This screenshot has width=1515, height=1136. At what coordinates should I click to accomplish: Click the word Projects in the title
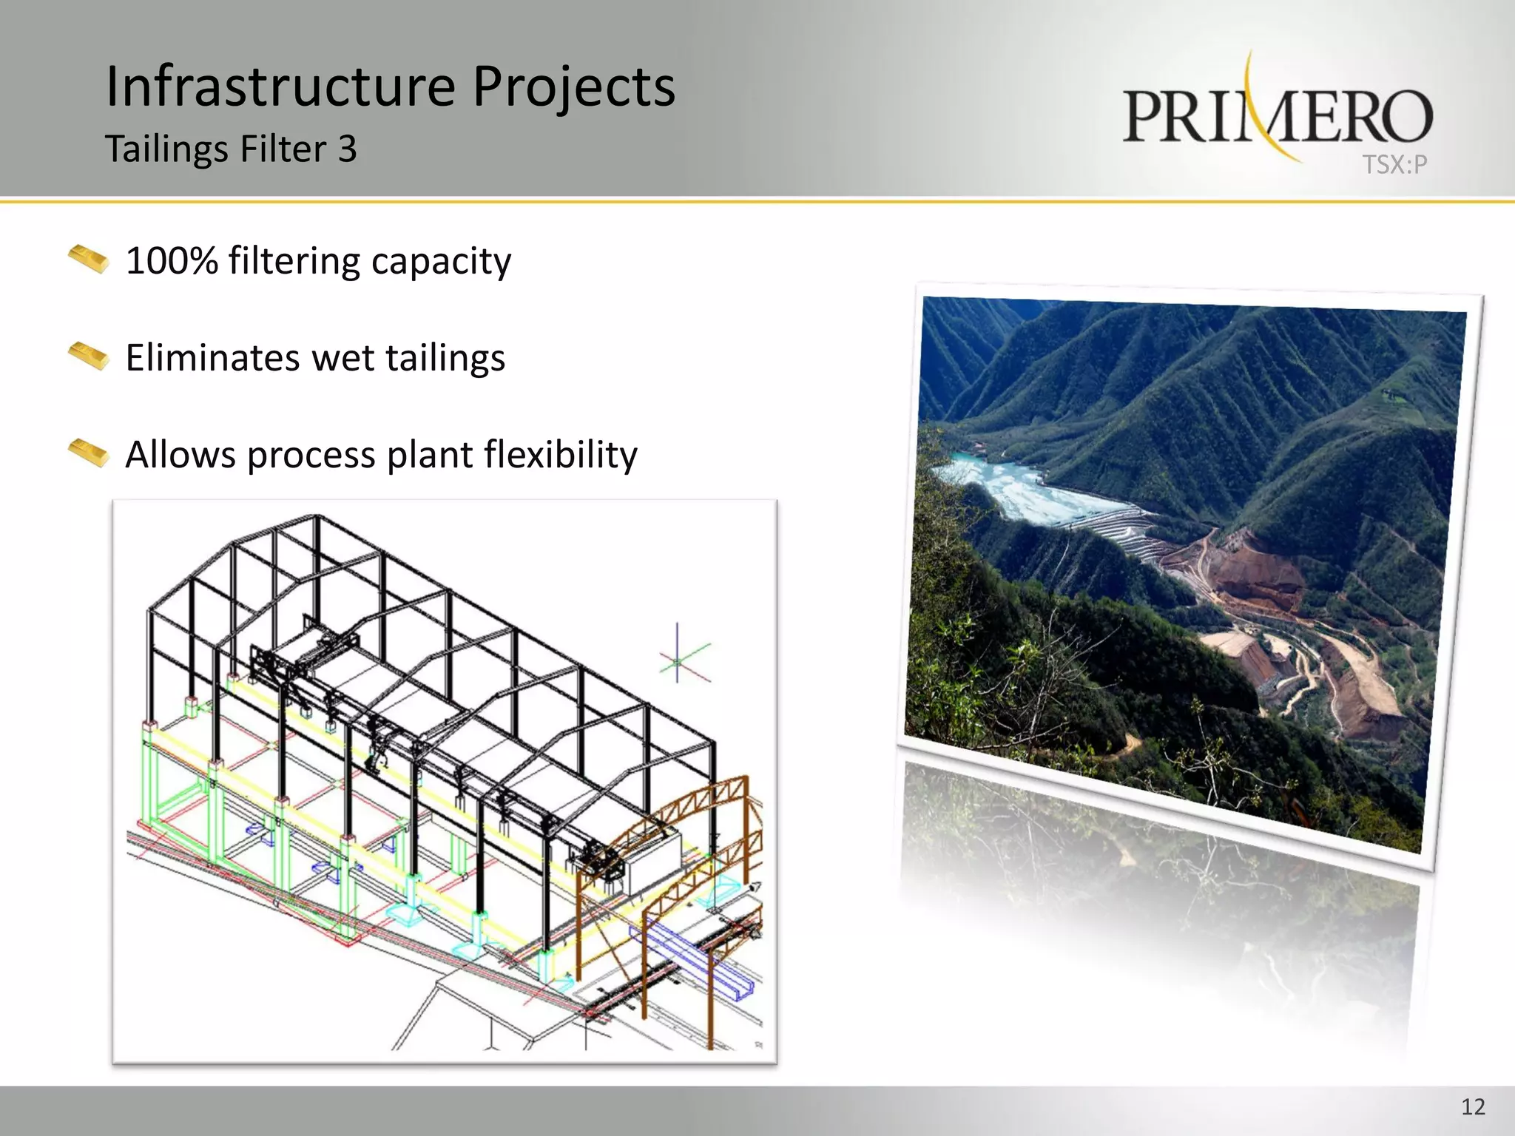click(573, 87)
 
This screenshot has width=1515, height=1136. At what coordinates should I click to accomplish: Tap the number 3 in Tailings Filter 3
click(348, 149)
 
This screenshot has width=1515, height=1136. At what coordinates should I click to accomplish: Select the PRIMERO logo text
click(1278, 117)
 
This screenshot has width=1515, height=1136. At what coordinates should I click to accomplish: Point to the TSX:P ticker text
click(1394, 164)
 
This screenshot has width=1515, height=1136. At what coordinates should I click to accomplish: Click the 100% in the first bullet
click(172, 261)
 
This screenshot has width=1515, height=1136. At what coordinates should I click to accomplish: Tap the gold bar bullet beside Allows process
click(89, 453)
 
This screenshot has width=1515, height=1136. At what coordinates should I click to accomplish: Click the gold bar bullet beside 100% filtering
click(89, 259)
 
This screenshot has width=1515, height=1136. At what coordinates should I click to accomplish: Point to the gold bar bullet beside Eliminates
click(89, 356)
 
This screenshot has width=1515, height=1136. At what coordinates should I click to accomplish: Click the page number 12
click(1473, 1107)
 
